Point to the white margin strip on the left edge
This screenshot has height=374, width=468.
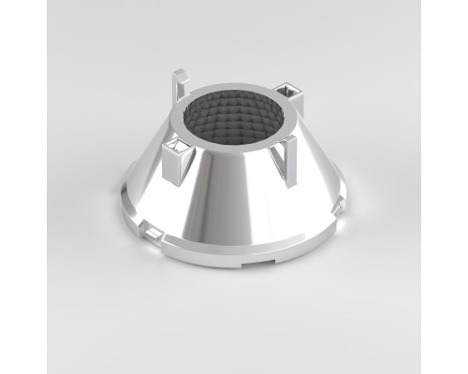click(22, 187)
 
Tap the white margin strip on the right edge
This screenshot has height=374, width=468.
click(445, 187)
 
